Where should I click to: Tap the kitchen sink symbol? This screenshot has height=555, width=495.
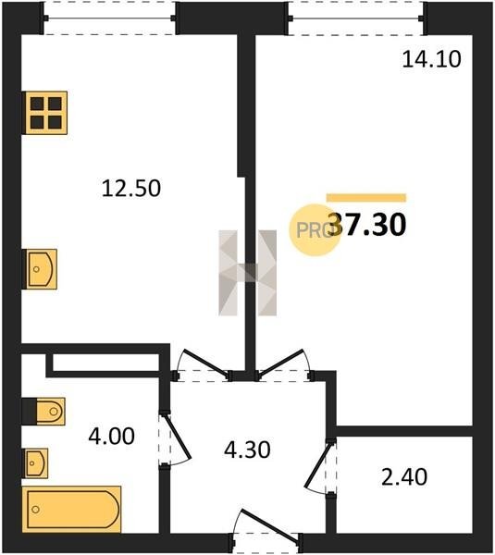point(40,269)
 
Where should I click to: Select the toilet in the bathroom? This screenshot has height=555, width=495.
point(43,412)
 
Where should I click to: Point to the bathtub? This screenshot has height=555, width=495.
point(71,510)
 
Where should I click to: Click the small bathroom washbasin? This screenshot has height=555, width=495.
point(35,463)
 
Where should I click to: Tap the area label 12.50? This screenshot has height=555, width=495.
point(131,188)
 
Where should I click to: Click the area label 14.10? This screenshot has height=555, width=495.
point(431,59)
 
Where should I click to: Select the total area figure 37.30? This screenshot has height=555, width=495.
point(367,225)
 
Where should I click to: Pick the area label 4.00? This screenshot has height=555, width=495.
point(112,436)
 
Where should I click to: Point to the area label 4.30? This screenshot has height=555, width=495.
point(248,450)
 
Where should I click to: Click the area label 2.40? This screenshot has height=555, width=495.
point(404,476)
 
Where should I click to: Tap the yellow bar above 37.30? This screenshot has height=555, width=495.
point(366,198)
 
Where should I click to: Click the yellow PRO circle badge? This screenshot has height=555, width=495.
point(315,230)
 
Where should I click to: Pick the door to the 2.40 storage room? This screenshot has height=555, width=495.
point(317,466)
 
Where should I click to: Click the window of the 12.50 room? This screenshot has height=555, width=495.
point(110,18)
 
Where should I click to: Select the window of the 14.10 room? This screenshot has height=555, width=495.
point(356,18)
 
